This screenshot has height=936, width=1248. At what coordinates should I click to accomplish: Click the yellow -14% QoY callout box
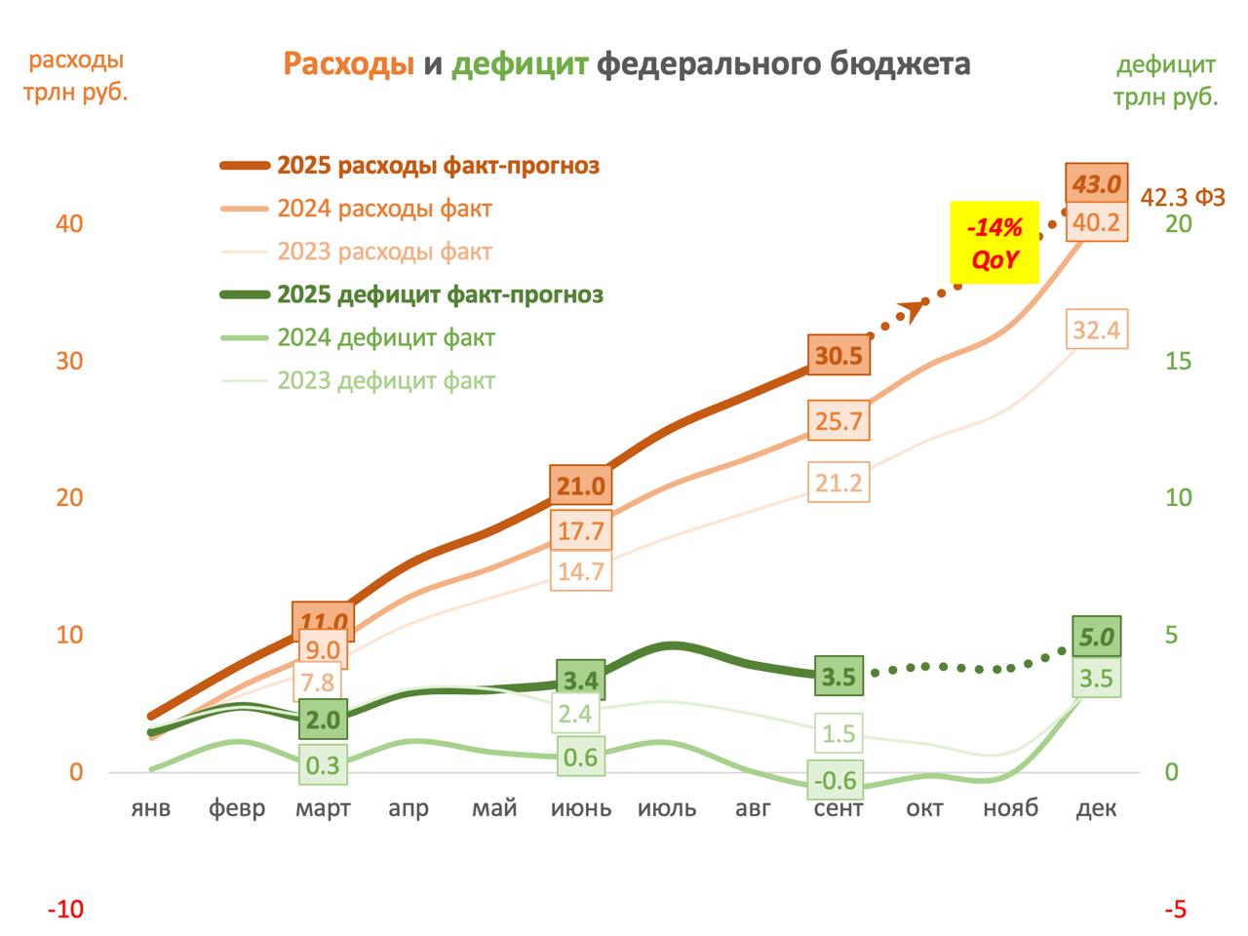tap(995, 244)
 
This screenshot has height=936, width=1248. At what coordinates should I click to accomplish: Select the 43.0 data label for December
tap(1097, 183)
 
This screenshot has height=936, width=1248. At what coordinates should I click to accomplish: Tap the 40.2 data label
tap(1097, 223)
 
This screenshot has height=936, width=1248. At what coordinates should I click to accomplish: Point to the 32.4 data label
tap(1096, 331)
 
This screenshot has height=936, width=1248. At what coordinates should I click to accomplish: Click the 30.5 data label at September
tap(838, 356)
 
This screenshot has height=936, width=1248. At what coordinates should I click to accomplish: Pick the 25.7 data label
tap(838, 421)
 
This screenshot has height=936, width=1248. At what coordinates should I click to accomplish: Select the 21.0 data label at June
tap(581, 485)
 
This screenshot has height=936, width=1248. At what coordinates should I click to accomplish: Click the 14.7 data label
tap(581, 570)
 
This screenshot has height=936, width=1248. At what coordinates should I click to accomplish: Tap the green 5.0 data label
tap(1097, 639)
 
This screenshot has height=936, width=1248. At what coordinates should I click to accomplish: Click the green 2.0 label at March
tap(324, 721)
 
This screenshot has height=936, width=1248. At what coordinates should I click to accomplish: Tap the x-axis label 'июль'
tap(667, 809)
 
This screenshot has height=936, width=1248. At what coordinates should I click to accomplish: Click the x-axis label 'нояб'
tap(1011, 809)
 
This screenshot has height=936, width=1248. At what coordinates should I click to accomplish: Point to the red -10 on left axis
tap(66, 910)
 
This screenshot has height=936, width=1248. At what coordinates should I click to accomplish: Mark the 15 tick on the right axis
tap(1179, 361)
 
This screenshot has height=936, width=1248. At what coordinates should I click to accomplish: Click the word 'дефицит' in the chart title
tap(522, 64)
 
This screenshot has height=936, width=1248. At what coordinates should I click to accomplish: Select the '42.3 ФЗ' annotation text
tap(1183, 197)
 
